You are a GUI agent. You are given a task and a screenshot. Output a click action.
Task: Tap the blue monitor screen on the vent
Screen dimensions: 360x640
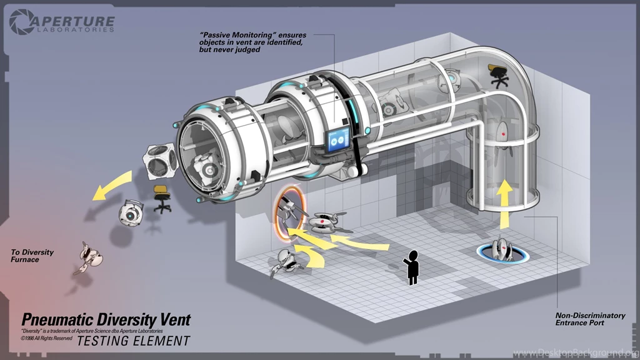338,139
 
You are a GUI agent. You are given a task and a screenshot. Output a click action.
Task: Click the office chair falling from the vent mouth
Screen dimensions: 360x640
162,198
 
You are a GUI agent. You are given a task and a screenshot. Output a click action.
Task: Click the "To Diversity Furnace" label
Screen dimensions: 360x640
32,256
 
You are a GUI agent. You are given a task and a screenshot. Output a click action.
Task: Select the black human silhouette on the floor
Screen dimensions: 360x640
411,266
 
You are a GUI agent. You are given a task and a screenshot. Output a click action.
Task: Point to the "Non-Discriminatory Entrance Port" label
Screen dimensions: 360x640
589,319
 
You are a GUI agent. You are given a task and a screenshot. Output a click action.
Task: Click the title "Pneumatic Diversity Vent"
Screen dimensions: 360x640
106,320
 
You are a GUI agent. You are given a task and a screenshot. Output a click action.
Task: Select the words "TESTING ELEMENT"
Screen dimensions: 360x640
133,341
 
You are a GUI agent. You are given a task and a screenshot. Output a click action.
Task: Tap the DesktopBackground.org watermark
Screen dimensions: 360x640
575,354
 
